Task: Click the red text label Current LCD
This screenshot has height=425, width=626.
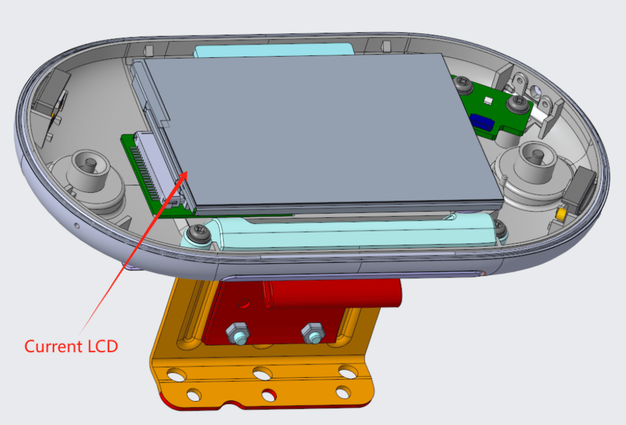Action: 71,346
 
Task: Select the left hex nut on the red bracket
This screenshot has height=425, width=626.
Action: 238,333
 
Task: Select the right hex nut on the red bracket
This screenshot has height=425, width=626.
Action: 313,333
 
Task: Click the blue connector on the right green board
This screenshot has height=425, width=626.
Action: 482,122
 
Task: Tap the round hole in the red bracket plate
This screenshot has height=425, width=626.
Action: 244,304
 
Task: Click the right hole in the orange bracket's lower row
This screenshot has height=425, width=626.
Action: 343,392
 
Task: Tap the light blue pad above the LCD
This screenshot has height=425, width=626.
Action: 274,50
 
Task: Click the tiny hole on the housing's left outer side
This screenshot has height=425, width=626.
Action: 77,226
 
